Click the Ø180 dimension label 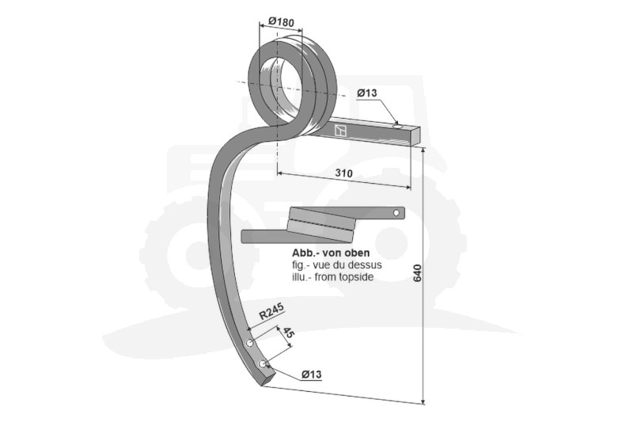[281, 22]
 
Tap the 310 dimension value [344, 173]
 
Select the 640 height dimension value [418, 273]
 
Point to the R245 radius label [271, 311]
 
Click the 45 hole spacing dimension [287, 333]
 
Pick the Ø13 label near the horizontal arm [366, 93]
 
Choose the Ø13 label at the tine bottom [311, 374]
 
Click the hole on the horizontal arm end [397, 127]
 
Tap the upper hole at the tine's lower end [250, 344]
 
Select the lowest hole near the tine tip [263, 364]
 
